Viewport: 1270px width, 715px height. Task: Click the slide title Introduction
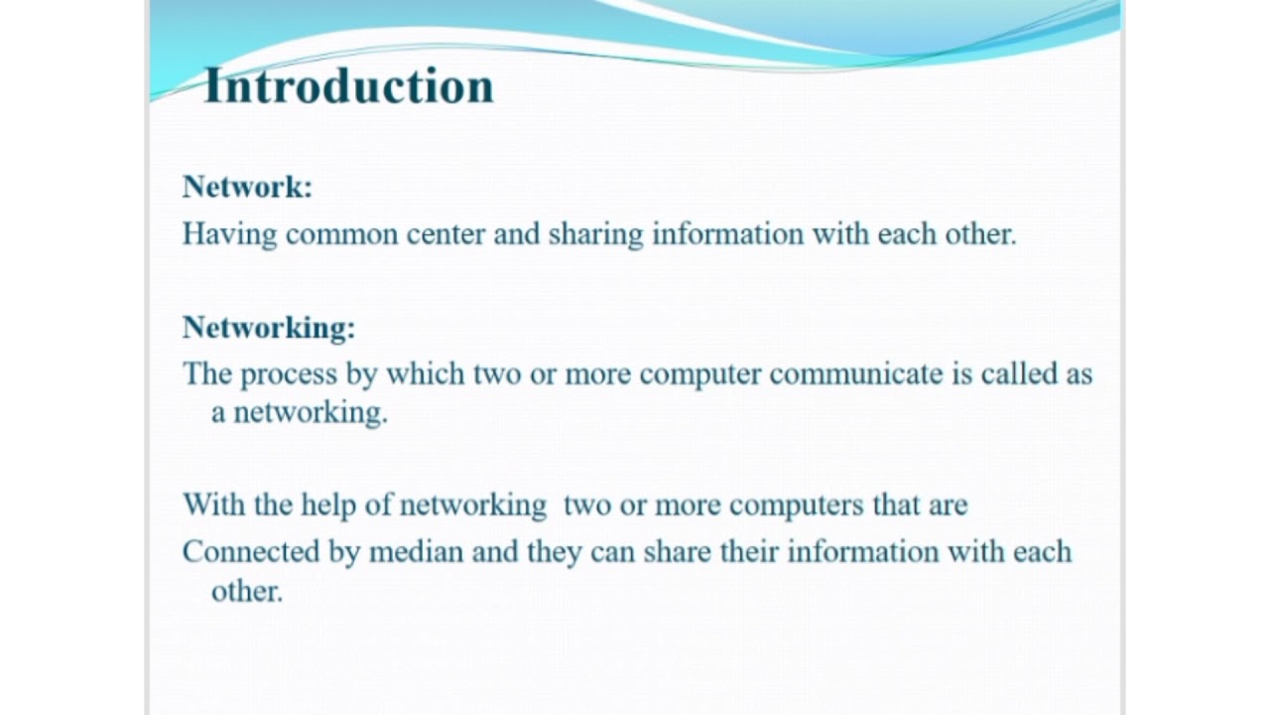click(x=348, y=85)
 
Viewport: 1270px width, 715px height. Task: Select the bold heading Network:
click(x=247, y=187)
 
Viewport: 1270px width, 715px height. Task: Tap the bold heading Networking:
click(x=269, y=327)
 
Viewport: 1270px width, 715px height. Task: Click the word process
click(x=288, y=375)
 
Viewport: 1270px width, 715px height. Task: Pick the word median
click(x=416, y=552)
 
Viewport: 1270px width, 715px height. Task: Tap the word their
click(x=749, y=552)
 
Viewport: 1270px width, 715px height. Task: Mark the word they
click(x=554, y=552)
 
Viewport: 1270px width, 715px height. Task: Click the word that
click(x=896, y=504)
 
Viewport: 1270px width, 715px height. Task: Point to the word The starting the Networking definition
click(x=206, y=374)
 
